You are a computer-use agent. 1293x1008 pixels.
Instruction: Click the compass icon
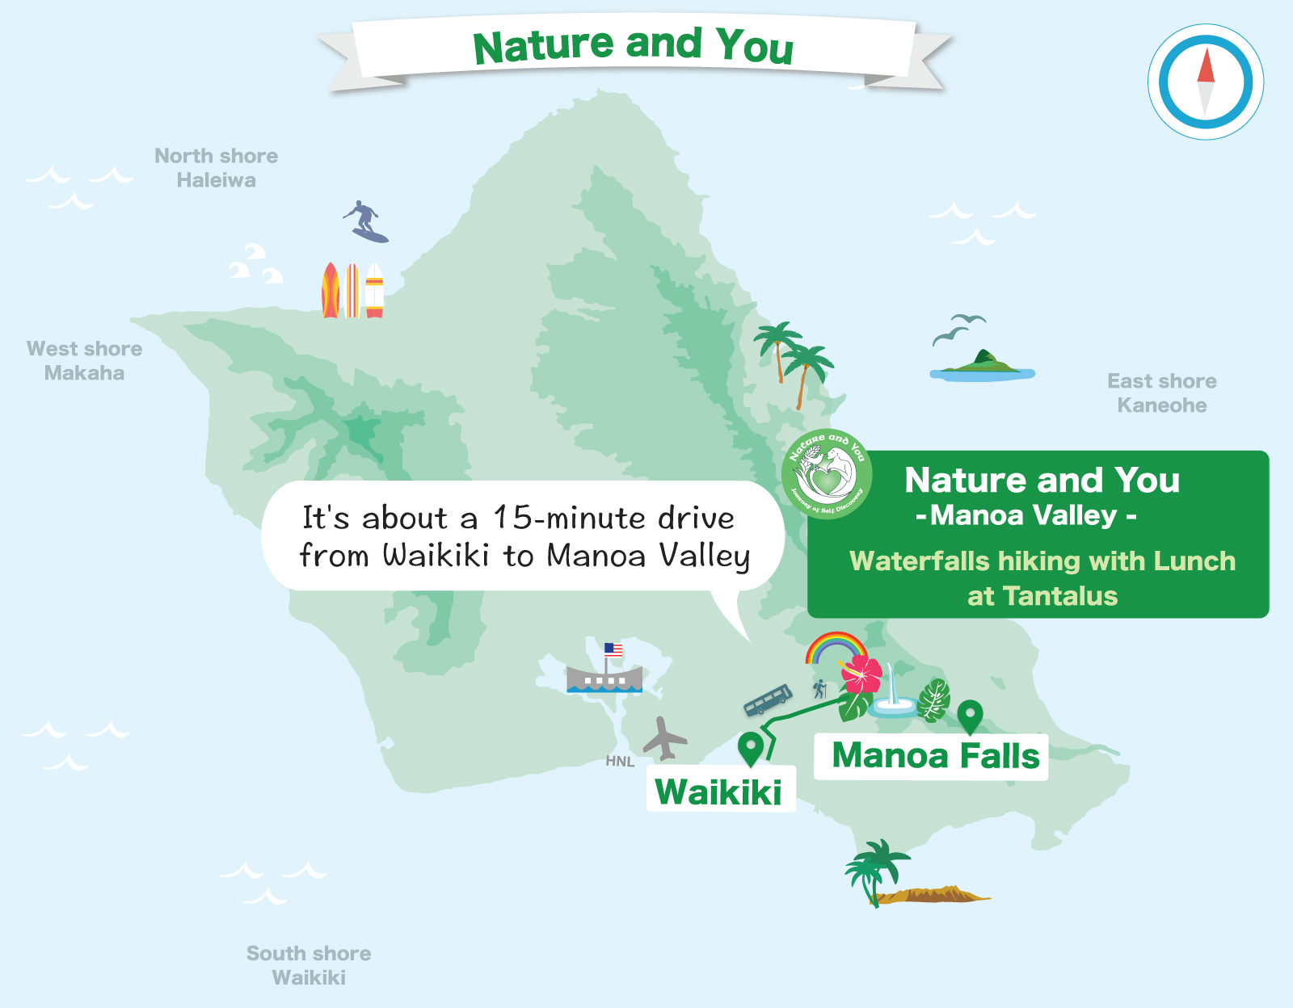click(1205, 82)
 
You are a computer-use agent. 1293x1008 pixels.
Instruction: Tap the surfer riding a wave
click(366, 220)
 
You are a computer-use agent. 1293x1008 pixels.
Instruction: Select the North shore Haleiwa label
click(217, 168)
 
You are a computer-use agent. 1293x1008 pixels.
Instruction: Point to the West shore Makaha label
click(85, 360)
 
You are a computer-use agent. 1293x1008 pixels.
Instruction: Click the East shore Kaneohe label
click(1161, 393)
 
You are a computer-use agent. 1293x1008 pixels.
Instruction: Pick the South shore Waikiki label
click(309, 965)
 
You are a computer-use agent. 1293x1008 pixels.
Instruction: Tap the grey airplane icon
click(664, 738)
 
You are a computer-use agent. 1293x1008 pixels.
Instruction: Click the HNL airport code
click(620, 761)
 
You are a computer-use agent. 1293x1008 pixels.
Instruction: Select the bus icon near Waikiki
click(768, 699)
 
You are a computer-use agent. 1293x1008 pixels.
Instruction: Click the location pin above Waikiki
click(751, 747)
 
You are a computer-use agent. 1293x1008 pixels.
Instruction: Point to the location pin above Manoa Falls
click(970, 716)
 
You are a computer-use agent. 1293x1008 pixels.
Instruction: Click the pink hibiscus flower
click(861, 674)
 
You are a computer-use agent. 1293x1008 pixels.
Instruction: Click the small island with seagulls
click(983, 366)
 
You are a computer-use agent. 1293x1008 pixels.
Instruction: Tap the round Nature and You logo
click(827, 474)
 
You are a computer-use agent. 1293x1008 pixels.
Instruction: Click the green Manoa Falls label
click(935, 756)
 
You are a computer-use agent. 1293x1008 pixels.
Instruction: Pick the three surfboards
click(353, 290)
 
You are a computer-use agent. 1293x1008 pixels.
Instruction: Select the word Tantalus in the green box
click(1060, 596)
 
